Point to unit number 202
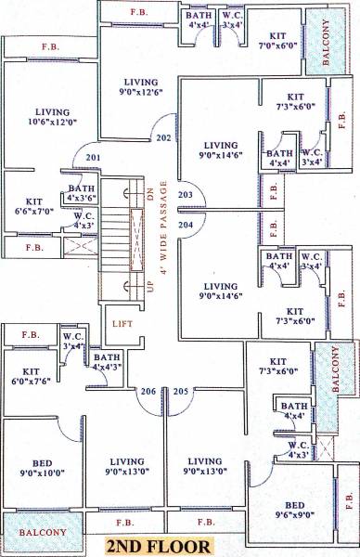tap(163, 137)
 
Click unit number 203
tap(186, 194)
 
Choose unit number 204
tap(186, 224)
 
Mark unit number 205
tap(180, 391)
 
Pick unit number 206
tap(147, 391)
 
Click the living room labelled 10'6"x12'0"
tap(47, 116)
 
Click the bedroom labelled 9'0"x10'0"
tap(42, 467)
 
